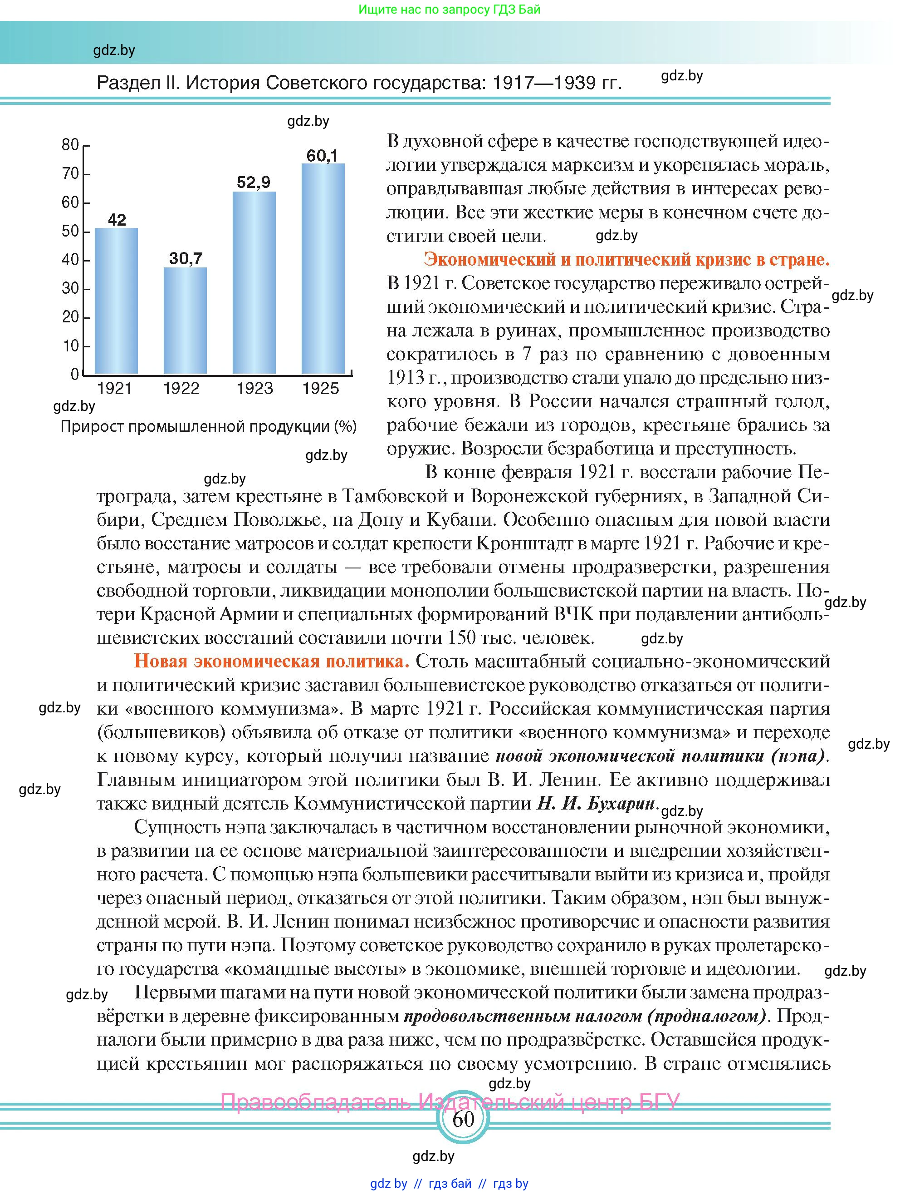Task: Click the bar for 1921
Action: click(116, 301)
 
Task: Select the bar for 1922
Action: click(185, 321)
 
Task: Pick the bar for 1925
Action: click(323, 268)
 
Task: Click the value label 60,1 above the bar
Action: click(323, 156)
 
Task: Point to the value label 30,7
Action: click(186, 258)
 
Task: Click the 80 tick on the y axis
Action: click(71, 145)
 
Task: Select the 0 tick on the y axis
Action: click(75, 374)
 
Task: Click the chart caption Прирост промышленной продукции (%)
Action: click(208, 427)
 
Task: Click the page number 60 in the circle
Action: click(463, 1119)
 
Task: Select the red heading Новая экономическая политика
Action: click(272, 661)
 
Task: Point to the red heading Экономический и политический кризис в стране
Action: click(626, 260)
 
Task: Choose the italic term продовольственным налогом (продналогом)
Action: click(585, 1016)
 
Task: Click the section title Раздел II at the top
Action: click(359, 83)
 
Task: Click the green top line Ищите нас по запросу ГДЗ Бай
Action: click(449, 9)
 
